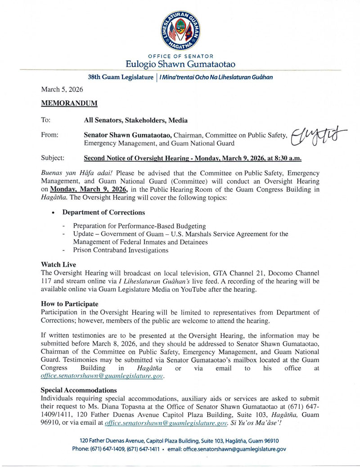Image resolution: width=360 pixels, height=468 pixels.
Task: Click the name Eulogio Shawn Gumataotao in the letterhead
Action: point(180,64)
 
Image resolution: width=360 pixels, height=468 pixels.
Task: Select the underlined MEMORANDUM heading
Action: point(69,103)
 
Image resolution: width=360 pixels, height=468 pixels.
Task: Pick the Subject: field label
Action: point(53,158)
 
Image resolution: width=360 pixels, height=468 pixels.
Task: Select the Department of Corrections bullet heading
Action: point(103,212)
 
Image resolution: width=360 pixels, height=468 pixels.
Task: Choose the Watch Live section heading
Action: point(58,264)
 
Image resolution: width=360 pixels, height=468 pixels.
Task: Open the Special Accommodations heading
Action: point(79,390)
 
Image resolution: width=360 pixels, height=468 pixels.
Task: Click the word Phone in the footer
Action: point(81,449)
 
